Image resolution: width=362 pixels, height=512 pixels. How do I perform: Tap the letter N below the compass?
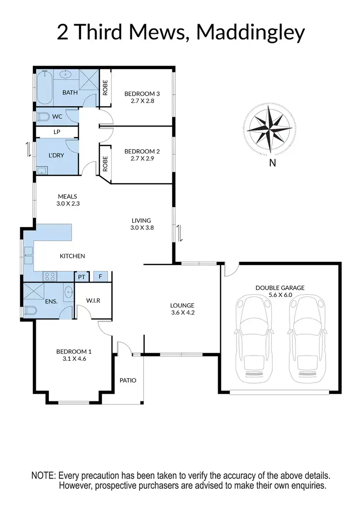[x=273, y=163]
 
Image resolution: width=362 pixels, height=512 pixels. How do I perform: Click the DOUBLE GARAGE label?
[x=280, y=288]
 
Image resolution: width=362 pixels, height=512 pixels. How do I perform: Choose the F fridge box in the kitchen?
[x=100, y=277]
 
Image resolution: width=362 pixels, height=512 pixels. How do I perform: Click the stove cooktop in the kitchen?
[x=50, y=276]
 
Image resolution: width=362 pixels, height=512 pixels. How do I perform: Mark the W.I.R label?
[x=93, y=301]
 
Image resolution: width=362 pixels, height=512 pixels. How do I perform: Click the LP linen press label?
[x=56, y=132]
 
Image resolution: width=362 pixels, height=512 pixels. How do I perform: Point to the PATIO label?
[x=128, y=380]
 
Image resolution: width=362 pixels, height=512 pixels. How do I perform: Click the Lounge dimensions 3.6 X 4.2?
[x=182, y=313]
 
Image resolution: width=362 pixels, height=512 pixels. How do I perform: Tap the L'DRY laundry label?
[x=56, y=155]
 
